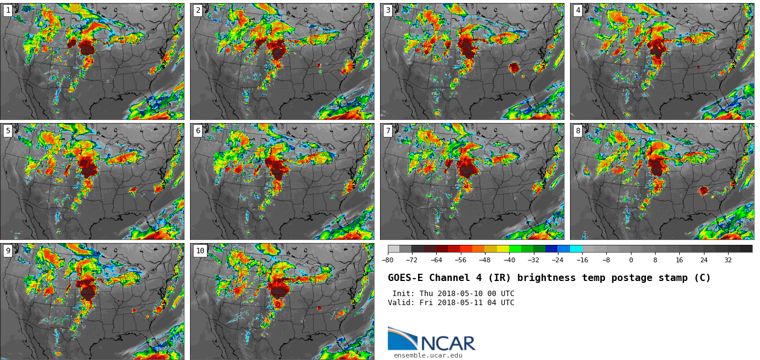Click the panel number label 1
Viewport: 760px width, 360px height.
click(x=8, y=10)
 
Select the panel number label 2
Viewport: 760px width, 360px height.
click(x=197, y=10)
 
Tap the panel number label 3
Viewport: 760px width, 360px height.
click(x=388, y=10)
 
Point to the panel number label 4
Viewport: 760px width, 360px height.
click(x=578, y=10)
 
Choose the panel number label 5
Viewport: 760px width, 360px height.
click(x=8, y=131)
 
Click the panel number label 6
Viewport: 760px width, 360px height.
click(x=197, y=131)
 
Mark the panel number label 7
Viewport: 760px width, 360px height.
click(x=388, y=131)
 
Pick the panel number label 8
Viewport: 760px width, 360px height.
click(x=578, y=131)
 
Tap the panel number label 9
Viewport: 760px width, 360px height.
click(x=8, y=251)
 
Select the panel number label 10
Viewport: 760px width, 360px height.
click(x=200, y=251)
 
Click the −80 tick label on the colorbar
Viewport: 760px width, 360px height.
click(x=388, y=261)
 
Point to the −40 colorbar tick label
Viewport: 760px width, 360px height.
click(x=509, y=261)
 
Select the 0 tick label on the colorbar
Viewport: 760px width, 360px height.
click(x=631, y=261)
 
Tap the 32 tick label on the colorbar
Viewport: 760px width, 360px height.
click(x=728, y=261)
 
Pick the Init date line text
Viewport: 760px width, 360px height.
click(x=453, y=294)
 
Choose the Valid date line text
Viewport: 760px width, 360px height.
click(x=451, y=303)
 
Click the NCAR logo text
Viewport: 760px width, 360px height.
click(x=448, y=344)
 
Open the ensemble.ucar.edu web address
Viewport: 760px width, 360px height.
click(x=428, y=356)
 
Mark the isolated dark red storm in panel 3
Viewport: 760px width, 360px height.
click(x=514, y=68)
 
